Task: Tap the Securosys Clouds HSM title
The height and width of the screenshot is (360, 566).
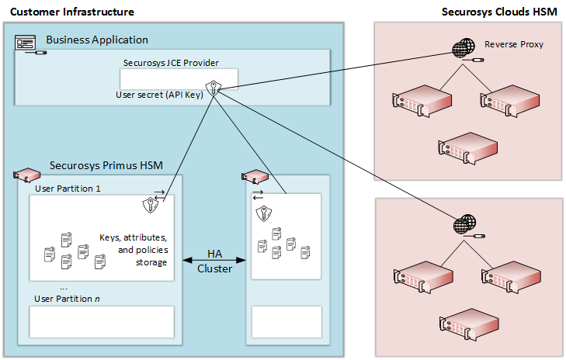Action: pos(498,12)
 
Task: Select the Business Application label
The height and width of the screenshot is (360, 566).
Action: pos(97,40)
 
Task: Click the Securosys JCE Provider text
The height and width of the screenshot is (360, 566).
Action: pos(171,62)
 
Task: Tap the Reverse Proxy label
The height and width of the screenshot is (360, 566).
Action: pos(513,44)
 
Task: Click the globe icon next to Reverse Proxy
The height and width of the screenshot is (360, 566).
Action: pos(462,49)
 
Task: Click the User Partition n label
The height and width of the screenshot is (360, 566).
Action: pos(68,298)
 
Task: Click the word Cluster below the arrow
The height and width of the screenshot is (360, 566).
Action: pos(214,268)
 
